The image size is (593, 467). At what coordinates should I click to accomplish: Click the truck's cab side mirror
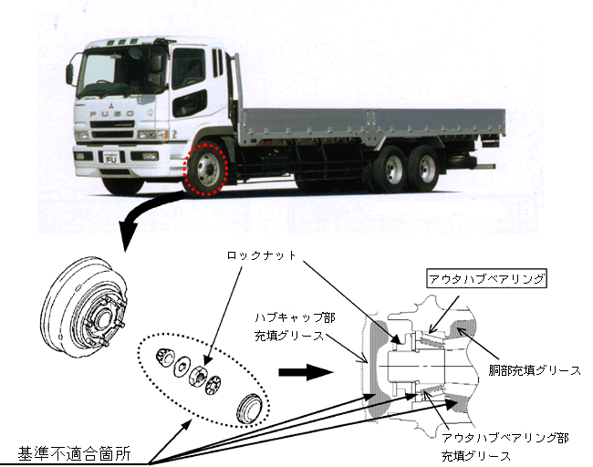70,72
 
